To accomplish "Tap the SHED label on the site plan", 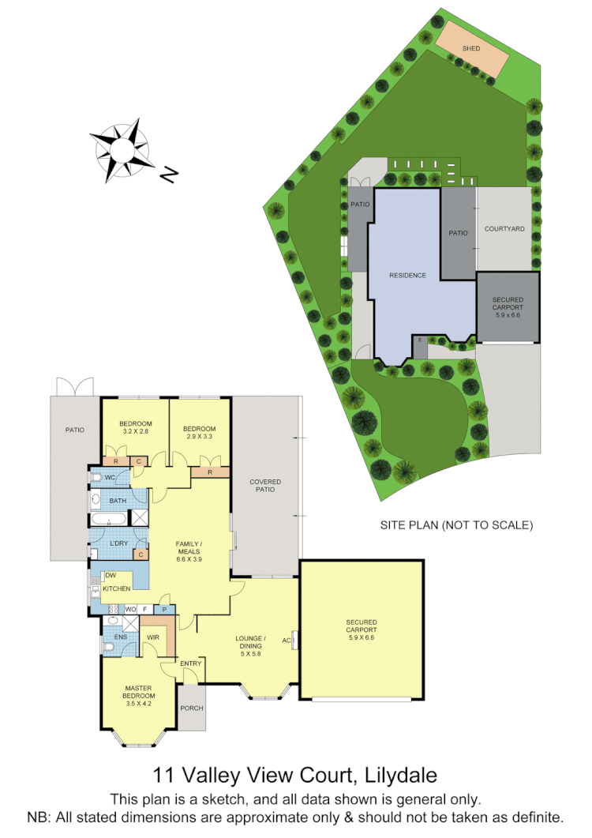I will coord(471,48).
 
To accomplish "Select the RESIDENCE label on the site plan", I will coord(407,276).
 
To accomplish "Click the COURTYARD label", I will coord(504,229).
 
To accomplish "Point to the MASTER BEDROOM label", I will coord(137,692).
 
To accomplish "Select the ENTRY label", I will coord(191,663).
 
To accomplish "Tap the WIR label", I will coord(153,637).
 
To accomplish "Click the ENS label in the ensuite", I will coord(121,637).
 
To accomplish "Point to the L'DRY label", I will coord(119,543).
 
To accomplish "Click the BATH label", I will coord(118,501).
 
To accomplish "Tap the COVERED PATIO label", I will coord(265,486).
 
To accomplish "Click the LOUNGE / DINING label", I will coord(250,642).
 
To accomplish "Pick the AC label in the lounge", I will coord(286,641).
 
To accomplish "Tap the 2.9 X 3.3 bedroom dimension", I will coord(200,436).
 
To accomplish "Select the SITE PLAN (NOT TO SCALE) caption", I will coord(457,524).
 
